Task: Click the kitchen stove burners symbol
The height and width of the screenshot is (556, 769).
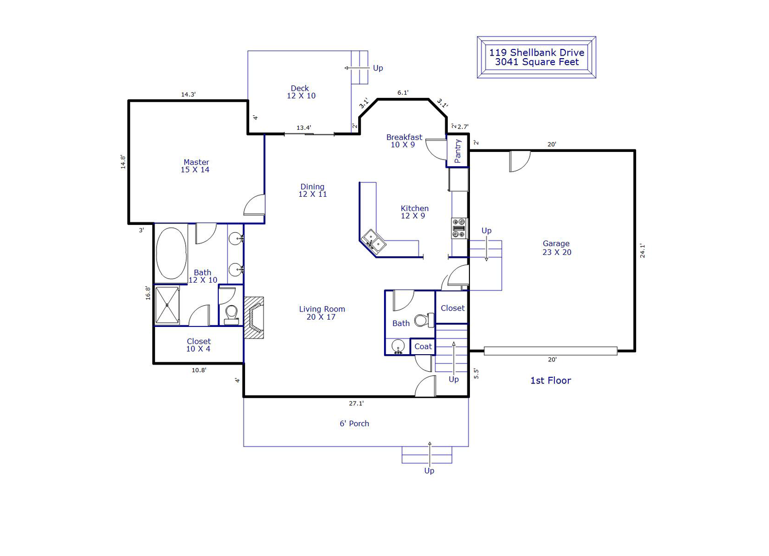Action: point(459,228)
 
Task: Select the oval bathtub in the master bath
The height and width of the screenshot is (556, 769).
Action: point(171,253)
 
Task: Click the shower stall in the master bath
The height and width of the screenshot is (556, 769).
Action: point(167,305)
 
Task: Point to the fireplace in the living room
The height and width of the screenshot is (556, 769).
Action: point(254,318)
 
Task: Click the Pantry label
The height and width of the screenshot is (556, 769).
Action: point(458,151)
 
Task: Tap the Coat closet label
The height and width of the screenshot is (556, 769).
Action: point(423,346)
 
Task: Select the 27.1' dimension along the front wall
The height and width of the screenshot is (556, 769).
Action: point(356,404)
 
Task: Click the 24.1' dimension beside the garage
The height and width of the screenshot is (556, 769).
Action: point(642,251)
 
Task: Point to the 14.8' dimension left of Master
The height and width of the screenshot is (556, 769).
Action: point(123,162)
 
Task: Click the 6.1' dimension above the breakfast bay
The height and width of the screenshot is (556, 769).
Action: point(403,93)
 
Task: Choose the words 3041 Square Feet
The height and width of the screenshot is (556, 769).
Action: point(537,62)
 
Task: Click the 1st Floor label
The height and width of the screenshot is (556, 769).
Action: point(551,380)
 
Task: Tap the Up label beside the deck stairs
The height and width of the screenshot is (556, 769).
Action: point(378,68)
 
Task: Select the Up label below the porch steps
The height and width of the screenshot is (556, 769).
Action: point(429,471)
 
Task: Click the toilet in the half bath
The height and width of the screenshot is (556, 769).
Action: point(424,320)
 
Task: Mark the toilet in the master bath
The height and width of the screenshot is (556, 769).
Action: point(232,315)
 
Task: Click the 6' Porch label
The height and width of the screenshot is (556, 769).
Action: point(354,424)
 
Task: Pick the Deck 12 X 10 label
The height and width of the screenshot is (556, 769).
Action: point(301,92)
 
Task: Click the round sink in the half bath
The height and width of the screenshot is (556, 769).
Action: point(398,346)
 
